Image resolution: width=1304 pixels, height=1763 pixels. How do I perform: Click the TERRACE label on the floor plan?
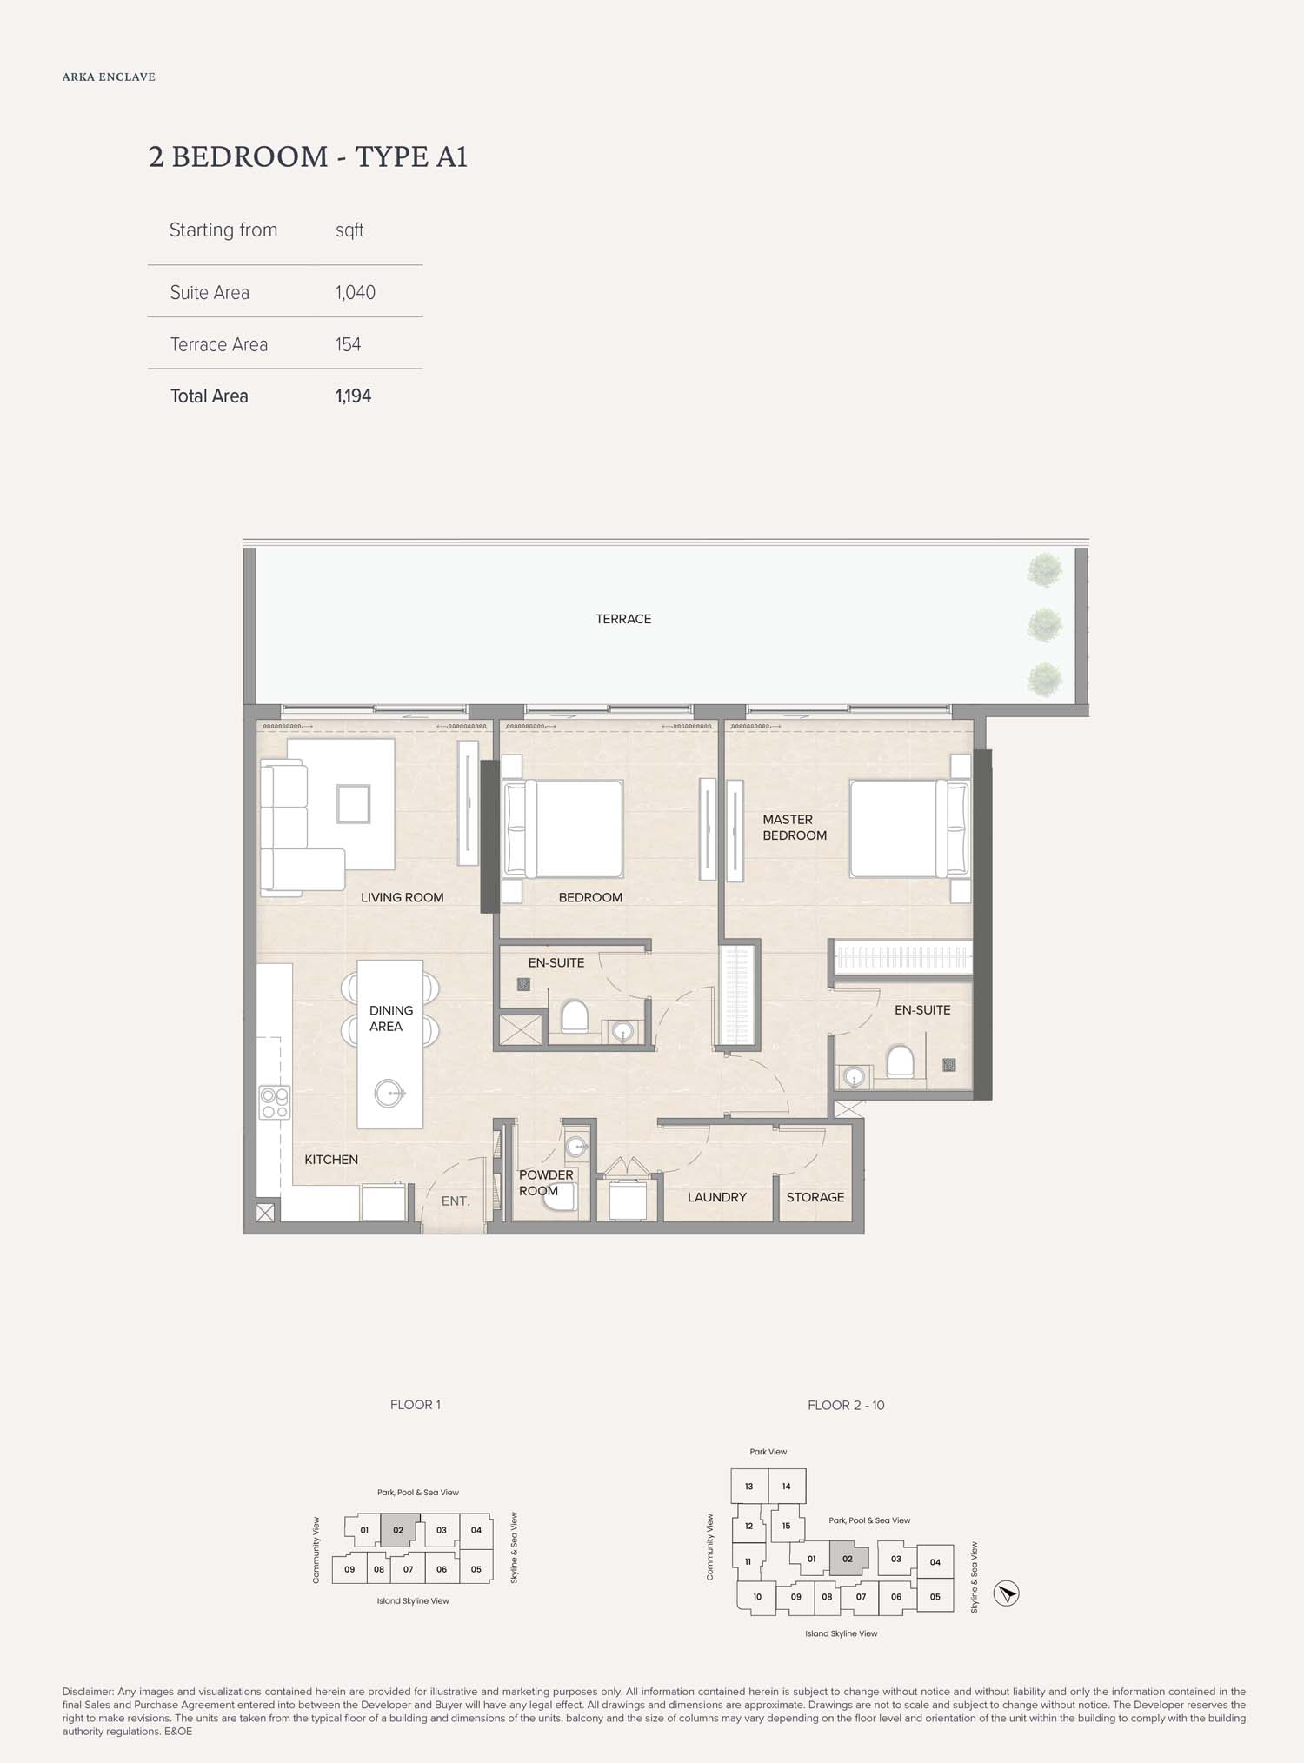coord(623,619)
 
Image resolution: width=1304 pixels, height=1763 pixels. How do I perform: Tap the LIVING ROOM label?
coord(402,897)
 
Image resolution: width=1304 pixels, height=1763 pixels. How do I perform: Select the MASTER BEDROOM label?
coord(795,827)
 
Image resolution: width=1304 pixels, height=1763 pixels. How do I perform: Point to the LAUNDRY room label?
coord(716,1197)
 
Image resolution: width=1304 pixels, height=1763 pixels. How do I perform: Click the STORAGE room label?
coord(815,1197)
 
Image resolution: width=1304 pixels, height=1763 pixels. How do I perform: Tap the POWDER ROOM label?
coord(546,1182)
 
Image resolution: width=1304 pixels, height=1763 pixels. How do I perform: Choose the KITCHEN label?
coord(331,1160)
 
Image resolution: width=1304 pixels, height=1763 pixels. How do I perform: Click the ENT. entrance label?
coord(456,1201)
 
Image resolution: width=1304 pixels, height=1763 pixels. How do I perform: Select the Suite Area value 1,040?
coord(356,293)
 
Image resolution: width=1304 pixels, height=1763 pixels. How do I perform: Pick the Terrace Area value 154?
coord(348,344)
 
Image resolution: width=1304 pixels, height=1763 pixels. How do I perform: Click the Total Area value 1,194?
coord(353,396)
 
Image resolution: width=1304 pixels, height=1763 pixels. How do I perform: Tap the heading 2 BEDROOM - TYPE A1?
coord(308,156)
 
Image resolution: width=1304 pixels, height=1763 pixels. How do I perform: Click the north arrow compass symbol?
coord(1006,1593)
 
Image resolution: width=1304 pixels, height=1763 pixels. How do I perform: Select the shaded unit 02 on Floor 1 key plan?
coord(398,1530)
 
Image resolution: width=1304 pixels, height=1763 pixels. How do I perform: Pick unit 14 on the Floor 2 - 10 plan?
coord(786,1487)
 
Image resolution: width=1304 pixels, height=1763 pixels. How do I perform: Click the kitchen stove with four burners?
coord(275,1102)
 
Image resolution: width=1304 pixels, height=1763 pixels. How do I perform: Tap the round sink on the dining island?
coord(389,1093)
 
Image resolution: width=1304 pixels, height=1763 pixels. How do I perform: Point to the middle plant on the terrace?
coord(1044,623)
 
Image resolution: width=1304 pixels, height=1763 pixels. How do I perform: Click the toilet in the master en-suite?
coord(900,1061)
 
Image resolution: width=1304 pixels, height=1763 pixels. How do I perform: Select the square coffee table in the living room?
coord(353,803)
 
